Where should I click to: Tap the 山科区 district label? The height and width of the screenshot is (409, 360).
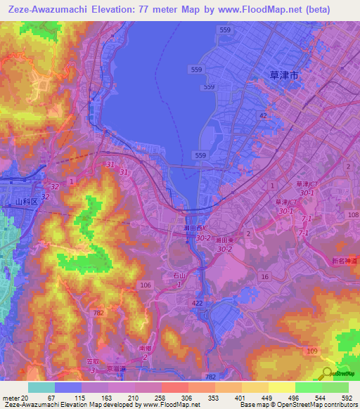click(25, 202)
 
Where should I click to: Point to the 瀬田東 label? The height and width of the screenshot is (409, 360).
click(224, 240)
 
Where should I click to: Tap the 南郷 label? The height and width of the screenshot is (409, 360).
click(146, 348)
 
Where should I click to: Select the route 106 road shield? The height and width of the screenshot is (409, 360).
click(146, 285)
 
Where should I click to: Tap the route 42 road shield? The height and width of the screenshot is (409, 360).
click(263, 115)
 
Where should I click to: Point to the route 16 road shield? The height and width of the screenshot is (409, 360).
click(264, 278)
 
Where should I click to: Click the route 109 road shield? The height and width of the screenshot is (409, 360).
click(312, 349)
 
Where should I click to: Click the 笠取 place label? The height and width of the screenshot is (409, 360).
click(92, 361)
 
